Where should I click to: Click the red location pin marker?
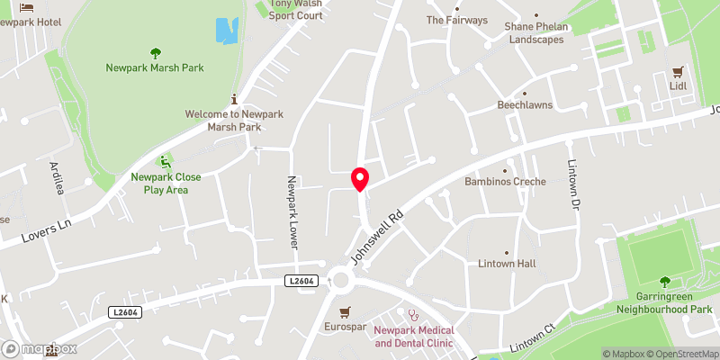[x=360, y=179]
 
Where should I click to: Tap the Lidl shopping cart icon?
[x=678, y=72]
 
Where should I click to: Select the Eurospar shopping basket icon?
[x=345, y=311]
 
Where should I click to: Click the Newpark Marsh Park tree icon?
[x=154, y=53]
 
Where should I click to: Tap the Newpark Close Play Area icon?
[x=165, y=162]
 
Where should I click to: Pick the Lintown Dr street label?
[x=573, y=184]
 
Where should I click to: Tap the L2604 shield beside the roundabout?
[x=303, y=282]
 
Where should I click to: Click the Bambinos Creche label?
[x=506, y=183]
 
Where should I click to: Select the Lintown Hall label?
[x=507, y=263]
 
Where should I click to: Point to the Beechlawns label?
[x=526, y=104]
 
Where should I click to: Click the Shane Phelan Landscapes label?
[x=538, y=32]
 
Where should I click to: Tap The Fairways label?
[x=456, y=19]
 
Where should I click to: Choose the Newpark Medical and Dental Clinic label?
[x=414, y=337]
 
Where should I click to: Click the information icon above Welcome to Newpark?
[x=235, y=99]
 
